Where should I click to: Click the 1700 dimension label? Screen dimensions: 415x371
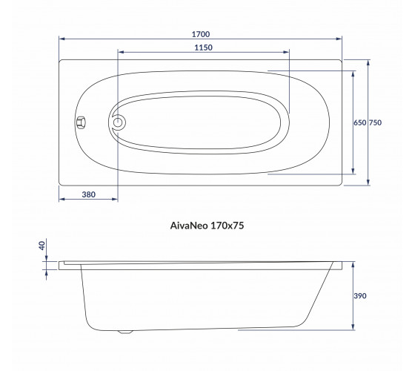click(x=201, y=34)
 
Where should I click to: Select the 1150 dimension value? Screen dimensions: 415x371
click(x=203, y=47)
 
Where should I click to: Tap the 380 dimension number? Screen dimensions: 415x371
click(x=89, y=194)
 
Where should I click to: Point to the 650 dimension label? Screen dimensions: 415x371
click(x=360, y=122)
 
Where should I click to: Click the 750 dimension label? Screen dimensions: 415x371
click(x=375, y=122)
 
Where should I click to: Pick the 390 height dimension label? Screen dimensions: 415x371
click(x=360, y=296)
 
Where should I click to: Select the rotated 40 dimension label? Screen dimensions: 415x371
click(x=42, y=246)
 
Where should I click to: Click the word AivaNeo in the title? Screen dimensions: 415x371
click(x=189, y=226)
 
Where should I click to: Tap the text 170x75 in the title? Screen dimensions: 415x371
click(x=227, y=226)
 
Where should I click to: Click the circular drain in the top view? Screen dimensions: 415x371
click(x=118, y=122)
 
